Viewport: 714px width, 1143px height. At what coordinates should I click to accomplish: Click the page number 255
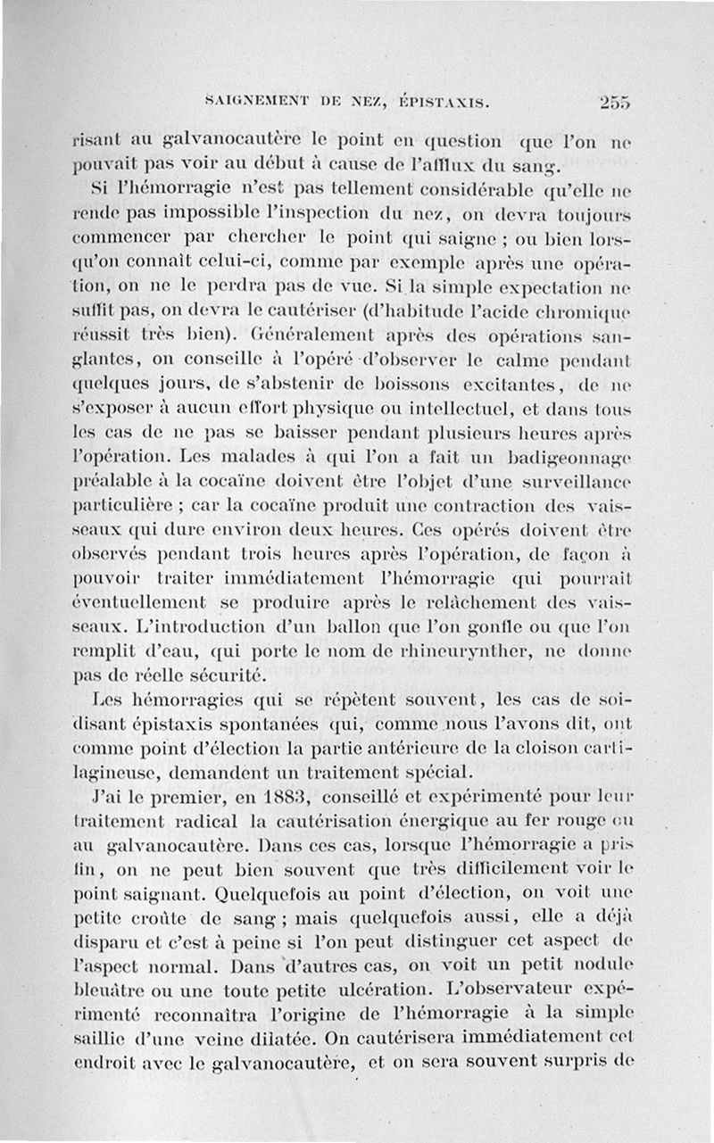615,102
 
